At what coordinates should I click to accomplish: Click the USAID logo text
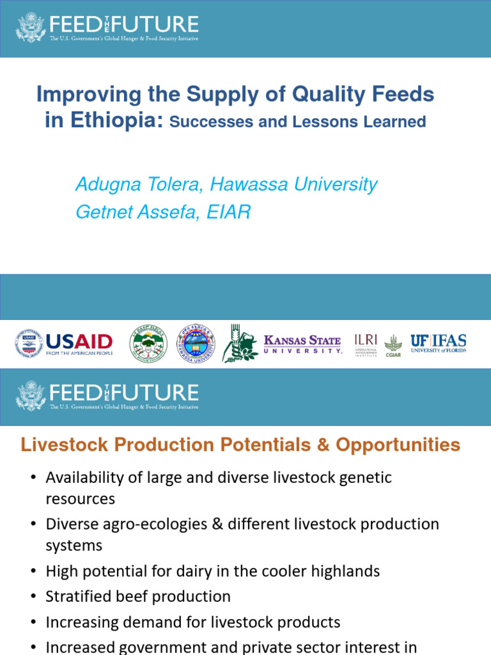(x=79, y=342)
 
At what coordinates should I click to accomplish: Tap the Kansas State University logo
(x=302, y=343)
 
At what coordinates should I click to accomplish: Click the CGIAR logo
(x=393, y=345)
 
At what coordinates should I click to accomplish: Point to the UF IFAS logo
(x=438, y=343)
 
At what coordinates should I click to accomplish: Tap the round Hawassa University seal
(x=195, y=343)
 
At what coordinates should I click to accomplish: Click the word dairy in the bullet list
(x=197, y=571)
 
